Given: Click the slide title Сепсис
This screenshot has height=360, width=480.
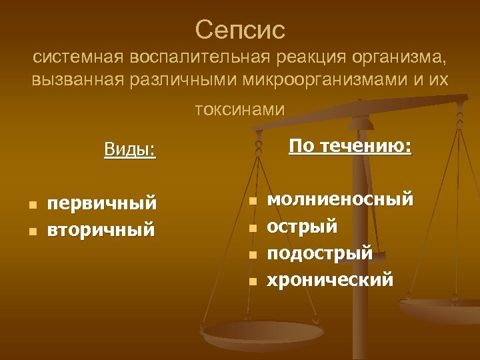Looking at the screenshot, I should [240, 29].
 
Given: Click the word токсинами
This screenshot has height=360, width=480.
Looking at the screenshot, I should [240, 109].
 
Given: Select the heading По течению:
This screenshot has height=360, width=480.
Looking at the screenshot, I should [350, 146].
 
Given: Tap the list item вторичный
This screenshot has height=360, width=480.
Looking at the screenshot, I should [101, 229].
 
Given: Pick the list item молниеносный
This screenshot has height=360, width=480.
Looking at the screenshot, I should [340, 199].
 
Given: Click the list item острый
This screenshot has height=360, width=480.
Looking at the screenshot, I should [302, 226].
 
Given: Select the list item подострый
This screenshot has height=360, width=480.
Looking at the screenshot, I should [319, 253].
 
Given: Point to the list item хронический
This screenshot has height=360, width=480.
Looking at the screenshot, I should [330, 279].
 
